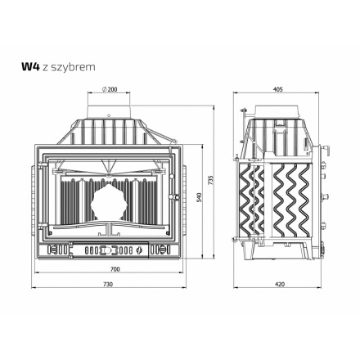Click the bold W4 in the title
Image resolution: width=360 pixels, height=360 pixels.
coord(30,67)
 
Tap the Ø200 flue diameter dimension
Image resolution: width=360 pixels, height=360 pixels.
coord(109,89)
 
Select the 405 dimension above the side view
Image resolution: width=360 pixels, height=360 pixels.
coord(278,89)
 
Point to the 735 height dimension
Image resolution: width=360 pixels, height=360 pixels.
coord(210,180)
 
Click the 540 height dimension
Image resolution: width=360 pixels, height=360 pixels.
coord(199,198)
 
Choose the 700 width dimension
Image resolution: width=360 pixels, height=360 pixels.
coord(115,269)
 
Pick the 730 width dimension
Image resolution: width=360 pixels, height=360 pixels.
coord(108,284)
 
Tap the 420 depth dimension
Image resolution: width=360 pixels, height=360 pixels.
coord(280,284)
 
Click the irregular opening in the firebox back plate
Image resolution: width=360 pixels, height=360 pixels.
coord(109,202)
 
